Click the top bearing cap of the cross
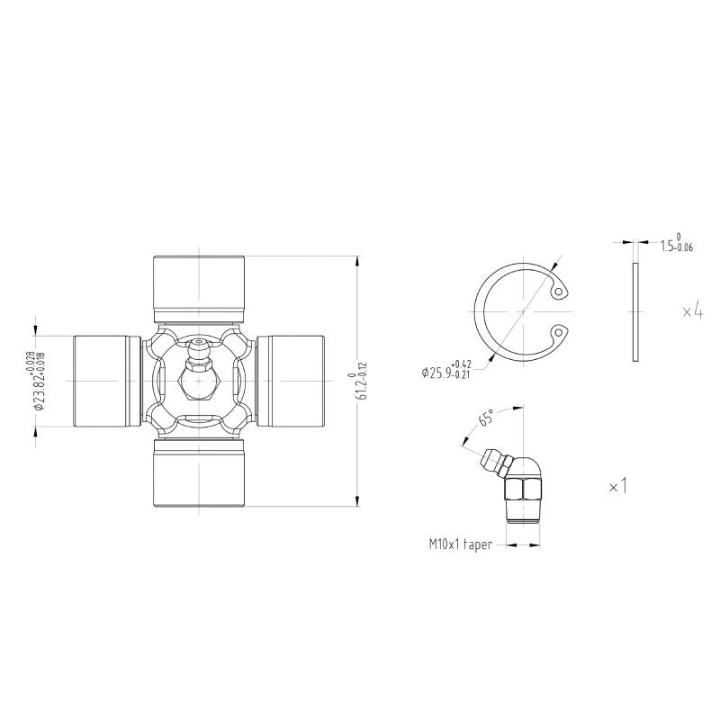coord(198,288)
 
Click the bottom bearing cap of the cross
coord(198,473)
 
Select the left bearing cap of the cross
coord(107,381)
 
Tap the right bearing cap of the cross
coord(290,381)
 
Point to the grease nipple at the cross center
coord(198,370)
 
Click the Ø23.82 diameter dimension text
coord(39,381)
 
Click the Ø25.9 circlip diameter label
coord(446,369)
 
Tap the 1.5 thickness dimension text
coord(677,244)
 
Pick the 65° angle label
coord(487,418)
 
